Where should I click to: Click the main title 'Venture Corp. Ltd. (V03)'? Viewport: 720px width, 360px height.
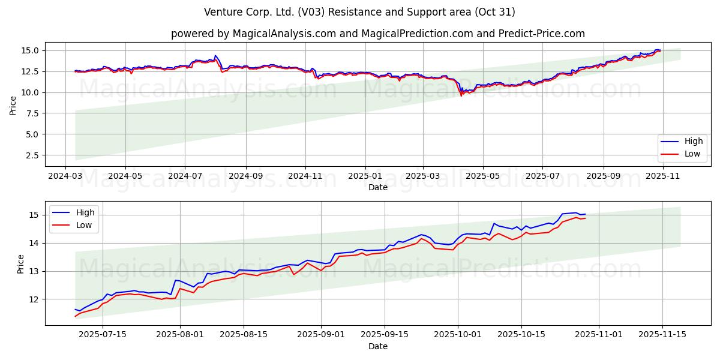pyautogui.click(x=359, y=12)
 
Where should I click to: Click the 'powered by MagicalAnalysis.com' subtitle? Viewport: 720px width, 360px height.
pyautogui.click(x=377, y=34)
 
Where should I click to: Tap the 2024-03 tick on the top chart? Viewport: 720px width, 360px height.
pyautogui.click(x=66, y=177)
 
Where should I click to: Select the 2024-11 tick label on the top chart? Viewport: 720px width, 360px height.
pyautogui.click(x=305, y=177)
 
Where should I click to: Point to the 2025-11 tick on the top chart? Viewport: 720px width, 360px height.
pyautogui.click(x=662, y=177)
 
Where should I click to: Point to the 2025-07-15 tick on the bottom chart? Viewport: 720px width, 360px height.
pyautogui.click(x=103, y=335)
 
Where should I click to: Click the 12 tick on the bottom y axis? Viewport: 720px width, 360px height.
pyautogui.click(x=34, y=299)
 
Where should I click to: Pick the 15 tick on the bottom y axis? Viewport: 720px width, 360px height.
pyautogui.click(x=34, y=215)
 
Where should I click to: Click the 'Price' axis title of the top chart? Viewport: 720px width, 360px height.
pyautogui.click(x=13, y=104)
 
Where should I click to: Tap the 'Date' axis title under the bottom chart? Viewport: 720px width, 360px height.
pyautogui.click(x=377, y=346)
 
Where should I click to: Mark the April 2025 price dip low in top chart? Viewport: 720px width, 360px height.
pyautogui.click(x=461, y=96)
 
